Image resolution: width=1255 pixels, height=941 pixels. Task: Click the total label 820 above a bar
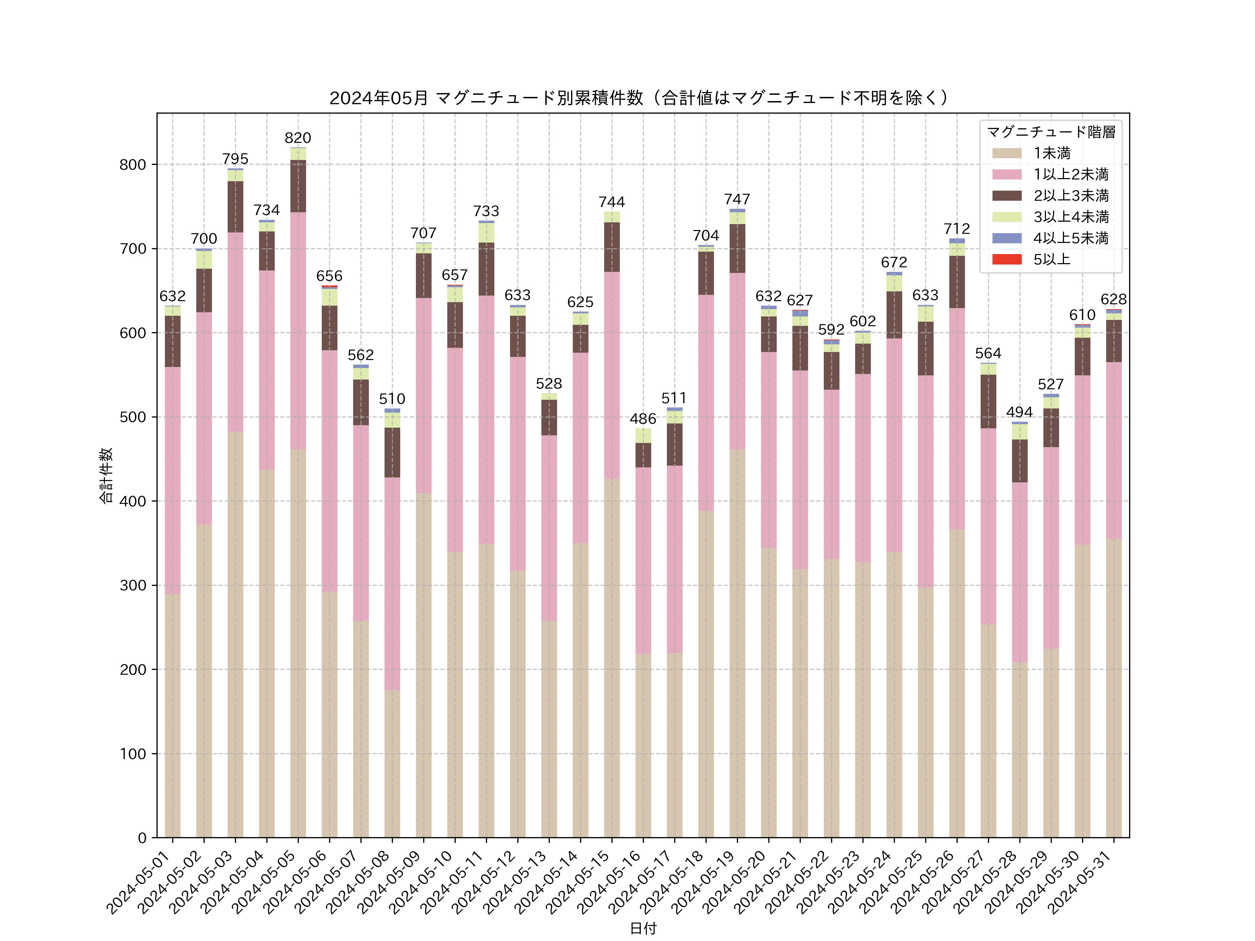click(x=298, y=138)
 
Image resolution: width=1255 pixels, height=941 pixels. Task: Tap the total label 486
click(x=643, y=419)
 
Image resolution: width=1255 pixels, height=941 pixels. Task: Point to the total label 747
click(x=737, y=199)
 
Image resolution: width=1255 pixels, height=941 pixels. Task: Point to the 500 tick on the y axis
click(x=133, y=417)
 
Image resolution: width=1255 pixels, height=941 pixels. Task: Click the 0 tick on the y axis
click(x=142, y=838)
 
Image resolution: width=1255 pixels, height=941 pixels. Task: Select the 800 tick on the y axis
click(x=133, y=165)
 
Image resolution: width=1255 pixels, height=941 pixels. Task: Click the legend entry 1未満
click(x=1051, y=153)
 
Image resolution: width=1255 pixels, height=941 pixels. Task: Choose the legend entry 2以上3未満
click(x=1071, y=196)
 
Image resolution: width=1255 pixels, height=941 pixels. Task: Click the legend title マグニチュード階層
click(x=1051, y=132)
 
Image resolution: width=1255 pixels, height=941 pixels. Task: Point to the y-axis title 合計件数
click(x=106, y=475)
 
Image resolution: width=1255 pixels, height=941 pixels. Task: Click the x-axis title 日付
click(x=643, y=928)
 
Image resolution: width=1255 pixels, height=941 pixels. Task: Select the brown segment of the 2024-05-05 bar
click(x=298, y=186)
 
